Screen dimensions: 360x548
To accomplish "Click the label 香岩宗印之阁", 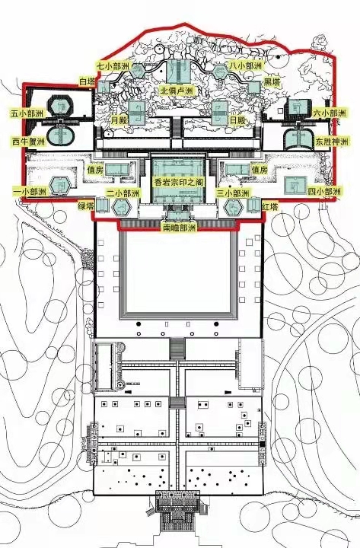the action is (178, 182).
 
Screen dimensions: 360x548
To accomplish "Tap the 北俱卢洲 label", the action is (177, 91).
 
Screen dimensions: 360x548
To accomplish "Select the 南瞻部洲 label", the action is (180, 228).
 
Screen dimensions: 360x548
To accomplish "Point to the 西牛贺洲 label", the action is (29, 142).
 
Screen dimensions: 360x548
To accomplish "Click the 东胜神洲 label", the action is (332, 142).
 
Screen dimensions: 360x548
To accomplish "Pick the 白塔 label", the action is (88, 81).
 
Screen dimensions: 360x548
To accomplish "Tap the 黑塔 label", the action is (272, 82).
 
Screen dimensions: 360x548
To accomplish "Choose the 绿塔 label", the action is (86, 206).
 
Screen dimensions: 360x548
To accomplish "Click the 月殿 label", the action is (119, 120).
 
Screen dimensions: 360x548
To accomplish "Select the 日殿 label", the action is (237, 120).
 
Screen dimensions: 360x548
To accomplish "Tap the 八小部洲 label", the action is (245, 65).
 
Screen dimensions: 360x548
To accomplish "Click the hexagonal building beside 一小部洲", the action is (59, 186).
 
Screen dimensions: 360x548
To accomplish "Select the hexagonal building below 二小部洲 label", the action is (122, 207).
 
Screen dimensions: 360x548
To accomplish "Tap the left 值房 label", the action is (95, 170).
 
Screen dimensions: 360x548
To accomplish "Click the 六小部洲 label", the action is (330, 113).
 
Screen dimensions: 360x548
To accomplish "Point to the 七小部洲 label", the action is (113, 65).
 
